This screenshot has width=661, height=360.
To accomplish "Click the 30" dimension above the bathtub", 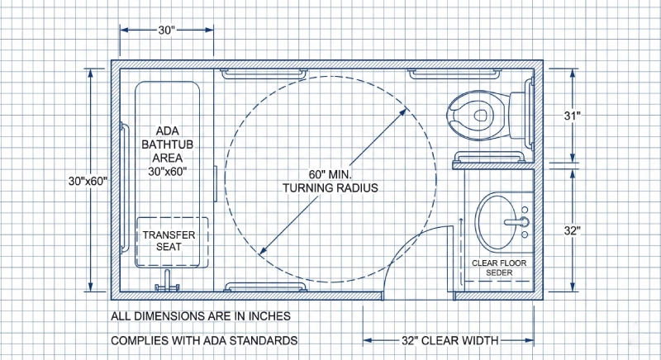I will (168, 31).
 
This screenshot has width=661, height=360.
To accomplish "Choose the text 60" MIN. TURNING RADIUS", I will (330, 182).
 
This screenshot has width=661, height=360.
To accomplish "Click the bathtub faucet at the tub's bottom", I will (169, 286).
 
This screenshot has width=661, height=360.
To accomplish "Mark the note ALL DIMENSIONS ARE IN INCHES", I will (201, 316).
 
